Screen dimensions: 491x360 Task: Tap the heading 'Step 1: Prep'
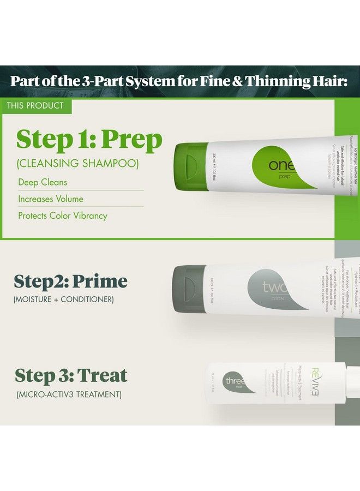point(89,140)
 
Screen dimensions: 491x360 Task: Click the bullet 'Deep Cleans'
point(43,182)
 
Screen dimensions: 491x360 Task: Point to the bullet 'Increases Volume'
point(51,199)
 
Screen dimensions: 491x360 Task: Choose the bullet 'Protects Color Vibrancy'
point(63,215)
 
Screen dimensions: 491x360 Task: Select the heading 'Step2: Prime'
point(70,282)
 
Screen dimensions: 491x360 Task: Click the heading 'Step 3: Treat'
point(71,375)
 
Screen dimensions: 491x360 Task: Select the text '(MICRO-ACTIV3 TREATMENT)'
point(68,393)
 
